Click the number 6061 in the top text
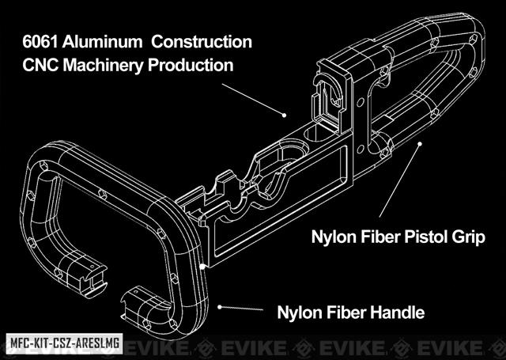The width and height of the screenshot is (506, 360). coord(40,42)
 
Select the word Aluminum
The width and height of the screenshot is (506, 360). coord(102,42)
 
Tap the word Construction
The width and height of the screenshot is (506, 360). coord(202,42)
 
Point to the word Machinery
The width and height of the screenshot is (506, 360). coord(104,66)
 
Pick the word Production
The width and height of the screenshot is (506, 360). coord(191,65)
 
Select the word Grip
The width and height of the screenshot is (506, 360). coord(468,237)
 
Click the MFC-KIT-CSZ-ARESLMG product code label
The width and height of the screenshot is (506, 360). coord(65,343)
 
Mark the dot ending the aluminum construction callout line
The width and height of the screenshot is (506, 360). coord(285,115)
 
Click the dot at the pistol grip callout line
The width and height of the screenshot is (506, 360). coord(420,144)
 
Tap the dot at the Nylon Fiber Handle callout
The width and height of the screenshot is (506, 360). coord(220,307)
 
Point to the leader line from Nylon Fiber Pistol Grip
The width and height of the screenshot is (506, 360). coord(399,181)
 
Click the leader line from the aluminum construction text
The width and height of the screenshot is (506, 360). coord(253,100)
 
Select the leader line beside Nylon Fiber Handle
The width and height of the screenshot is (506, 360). coord(241,309)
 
